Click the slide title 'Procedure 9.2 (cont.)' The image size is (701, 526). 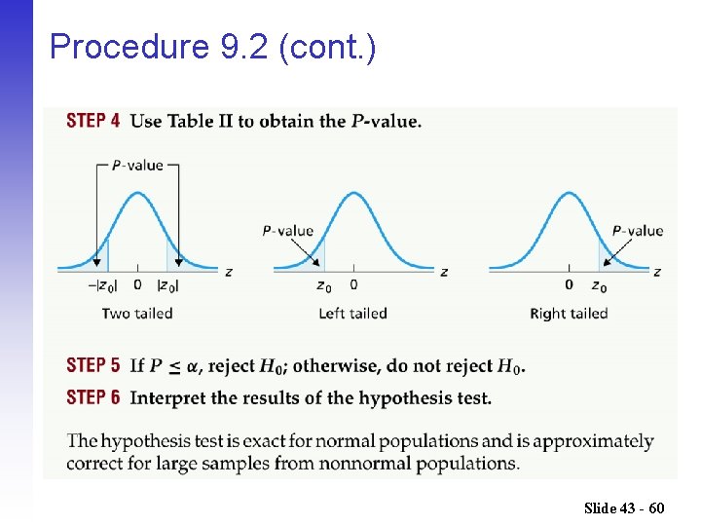pyautogui.click(x=212, y=46)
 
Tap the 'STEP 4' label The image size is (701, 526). pyautogui.click(x=93, y=121)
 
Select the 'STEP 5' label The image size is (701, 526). pyautogui.click(x=93, y=365)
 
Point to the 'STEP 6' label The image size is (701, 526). pyautogui.click(x=93, y=396)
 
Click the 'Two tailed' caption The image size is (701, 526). pyautogui.click(x=137, y=314)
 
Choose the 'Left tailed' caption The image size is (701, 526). pyautogui.click(x=352, y=314)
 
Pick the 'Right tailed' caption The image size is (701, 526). pyautogui.click(x=569, y=314)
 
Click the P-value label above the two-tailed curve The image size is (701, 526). pyautogui.click(x=137, y=166)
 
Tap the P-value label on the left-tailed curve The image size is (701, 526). pyautogui.click(x=288, y=231)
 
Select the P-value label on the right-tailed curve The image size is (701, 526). pyautogui.click(x=638, y=231)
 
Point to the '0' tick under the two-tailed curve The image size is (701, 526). pyautogui.click(x=137, y=285)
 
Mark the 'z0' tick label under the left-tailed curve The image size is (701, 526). pyautogui.click(x=323, y=286)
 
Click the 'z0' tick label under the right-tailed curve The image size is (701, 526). pyautogui.click(x=599, y=286)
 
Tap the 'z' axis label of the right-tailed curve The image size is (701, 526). pyautogui.click(x=658, y=272)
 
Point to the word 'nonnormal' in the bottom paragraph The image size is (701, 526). pyautogui.click(x=316, y=463)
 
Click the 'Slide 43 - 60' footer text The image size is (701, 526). pyautogui.click(x=624, y=507)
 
